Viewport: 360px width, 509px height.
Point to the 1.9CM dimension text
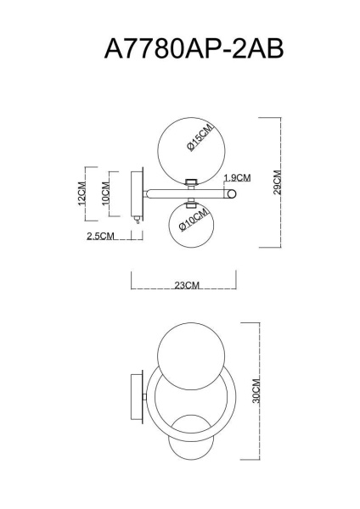pos(237,178)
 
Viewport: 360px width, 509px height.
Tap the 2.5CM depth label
pos(100,237)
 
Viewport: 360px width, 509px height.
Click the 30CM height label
pos(256,392)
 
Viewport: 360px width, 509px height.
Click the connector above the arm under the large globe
pos(193,181)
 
